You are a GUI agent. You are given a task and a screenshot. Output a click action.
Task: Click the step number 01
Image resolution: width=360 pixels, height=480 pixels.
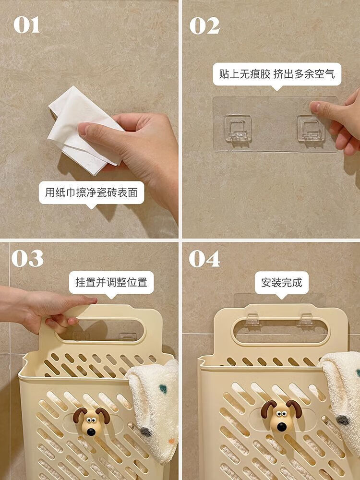pos(26,25)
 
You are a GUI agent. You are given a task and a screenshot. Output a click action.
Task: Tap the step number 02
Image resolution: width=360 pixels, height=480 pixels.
pos(204,25)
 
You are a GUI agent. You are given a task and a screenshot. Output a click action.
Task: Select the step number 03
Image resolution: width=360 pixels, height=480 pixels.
pos(27,258)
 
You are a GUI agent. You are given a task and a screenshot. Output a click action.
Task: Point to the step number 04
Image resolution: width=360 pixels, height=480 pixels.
pos(204,259)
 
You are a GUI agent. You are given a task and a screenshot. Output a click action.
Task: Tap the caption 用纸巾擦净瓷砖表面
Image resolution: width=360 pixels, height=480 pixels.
pos(91,192)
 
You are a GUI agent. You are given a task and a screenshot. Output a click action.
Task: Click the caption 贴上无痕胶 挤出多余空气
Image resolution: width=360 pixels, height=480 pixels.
pos(277,74)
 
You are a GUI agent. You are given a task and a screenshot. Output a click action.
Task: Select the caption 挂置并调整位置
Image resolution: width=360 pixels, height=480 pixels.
pos(111,282)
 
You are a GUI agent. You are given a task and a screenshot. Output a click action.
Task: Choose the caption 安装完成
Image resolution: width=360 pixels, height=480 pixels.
pos(282,282)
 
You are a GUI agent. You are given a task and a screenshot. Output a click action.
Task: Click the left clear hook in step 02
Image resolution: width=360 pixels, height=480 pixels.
pos(238,129)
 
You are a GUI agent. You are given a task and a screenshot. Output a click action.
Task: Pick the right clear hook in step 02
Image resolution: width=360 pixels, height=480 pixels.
pos(311,129)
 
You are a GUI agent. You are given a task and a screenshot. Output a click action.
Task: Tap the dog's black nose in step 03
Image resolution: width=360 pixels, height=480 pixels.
pos(91,432)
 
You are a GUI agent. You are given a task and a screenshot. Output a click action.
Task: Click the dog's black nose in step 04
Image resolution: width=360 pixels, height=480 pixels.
pos(282,427)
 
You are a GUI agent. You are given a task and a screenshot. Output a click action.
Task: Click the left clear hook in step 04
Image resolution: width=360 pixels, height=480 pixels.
pos(253,319)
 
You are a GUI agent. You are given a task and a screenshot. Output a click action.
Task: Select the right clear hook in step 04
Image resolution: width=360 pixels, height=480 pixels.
pos(306,319)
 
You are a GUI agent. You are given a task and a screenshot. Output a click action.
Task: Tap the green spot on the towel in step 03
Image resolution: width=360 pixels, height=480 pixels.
pos(163,389)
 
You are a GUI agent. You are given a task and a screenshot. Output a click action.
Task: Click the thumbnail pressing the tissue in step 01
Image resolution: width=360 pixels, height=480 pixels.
pos(83,129)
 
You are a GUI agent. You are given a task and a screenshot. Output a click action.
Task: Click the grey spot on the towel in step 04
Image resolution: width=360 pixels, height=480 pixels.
pos(343,420)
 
